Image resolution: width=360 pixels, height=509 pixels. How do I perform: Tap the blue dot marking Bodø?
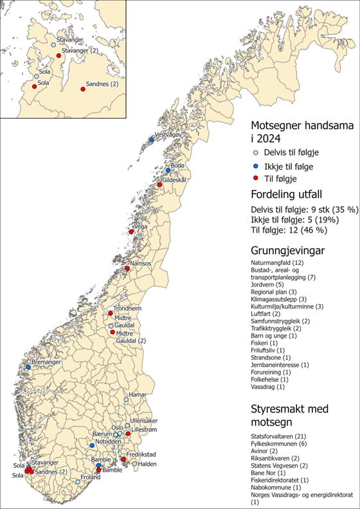(x=168, y=170)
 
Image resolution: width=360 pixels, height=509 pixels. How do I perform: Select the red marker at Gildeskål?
(x=161, y=186)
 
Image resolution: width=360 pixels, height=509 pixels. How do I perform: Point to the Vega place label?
(x=139, y=227)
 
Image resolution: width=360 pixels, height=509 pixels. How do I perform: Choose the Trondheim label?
(x=127, y=308)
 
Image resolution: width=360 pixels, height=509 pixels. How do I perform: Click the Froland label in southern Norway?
(x=91, y=477)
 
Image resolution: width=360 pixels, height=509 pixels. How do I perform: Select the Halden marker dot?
(x=135, y=464)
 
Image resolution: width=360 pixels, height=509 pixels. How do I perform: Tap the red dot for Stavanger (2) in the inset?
(x=59, y=56)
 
